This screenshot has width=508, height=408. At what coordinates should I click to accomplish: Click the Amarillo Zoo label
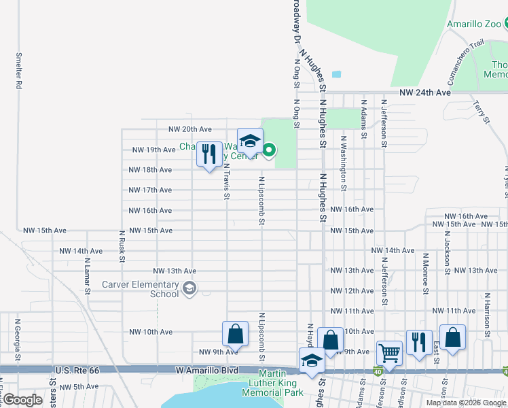[x=474, y=24]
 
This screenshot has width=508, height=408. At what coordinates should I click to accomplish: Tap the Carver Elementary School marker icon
[x=189, y=290]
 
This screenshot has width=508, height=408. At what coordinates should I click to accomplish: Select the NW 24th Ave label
[x=425, y=92]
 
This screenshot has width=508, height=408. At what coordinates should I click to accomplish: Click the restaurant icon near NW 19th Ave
[x=209, y=153]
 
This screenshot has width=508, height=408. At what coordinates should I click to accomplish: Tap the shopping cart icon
[x=389, y=352]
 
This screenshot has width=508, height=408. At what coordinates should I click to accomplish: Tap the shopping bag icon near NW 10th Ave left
[x=235, y=333]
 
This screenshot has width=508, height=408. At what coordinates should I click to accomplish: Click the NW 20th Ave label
[x=190, y=129]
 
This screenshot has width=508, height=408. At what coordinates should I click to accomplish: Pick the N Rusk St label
[x=122, y=249]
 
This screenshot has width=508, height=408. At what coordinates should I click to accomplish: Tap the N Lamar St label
[x=88, y=275]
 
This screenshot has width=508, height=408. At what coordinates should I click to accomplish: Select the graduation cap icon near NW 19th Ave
[x=250, y=140]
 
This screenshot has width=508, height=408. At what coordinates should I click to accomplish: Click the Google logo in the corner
[x=22, y=399]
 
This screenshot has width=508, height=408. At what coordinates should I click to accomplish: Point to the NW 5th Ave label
[x=80, y=387]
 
